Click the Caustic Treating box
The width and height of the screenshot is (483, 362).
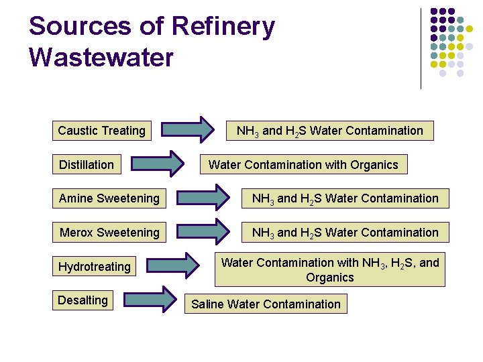point(101,131)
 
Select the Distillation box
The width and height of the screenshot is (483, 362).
point(87,164)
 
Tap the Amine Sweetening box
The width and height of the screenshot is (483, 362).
point(109,198)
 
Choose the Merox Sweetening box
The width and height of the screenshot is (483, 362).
point(109,233)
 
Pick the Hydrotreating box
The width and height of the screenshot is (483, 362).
point(95,267)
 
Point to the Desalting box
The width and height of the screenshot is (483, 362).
point(83,300)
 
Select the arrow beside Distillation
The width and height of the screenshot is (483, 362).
point(156,164)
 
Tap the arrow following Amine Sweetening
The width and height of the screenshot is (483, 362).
point(203,198)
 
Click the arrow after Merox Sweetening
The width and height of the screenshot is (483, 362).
point(203,231)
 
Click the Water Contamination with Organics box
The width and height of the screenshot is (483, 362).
point(303,164)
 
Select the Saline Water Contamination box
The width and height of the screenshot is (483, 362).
point(266,304)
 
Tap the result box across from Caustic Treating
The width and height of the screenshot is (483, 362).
point(329,131)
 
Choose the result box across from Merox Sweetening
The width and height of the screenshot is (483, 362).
point(344,233)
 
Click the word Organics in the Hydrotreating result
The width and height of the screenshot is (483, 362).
point(329,278)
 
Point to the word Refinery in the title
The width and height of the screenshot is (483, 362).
point(223,26)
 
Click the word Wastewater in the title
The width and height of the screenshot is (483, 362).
point(101,57)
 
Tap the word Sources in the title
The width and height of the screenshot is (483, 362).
point(80,26)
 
